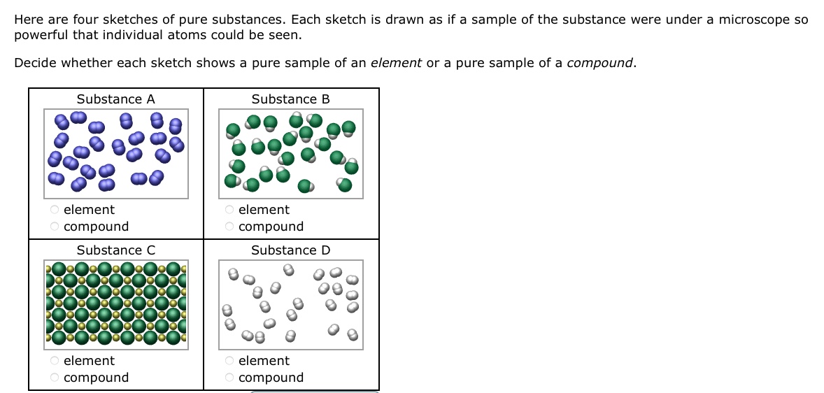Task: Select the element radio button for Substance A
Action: (55, 209)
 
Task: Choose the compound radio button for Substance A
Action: (55, 226)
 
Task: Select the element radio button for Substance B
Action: (229, 209)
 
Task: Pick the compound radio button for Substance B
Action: (229, 226)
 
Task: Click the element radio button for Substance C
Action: (55, 360)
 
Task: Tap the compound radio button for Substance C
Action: (55, 377)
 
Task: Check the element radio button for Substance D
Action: (229, 360)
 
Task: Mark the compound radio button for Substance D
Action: (229, 377)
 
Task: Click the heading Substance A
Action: (116, 99)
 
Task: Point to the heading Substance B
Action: (291, 99)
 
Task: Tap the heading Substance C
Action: (116, 250)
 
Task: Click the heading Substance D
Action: (291, 250)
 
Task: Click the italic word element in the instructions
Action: (396, 63)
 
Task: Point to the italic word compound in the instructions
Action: (600, 63)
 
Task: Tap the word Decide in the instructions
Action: (36, 63)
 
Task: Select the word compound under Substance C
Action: (97, 377)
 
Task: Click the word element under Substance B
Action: (264, 209)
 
